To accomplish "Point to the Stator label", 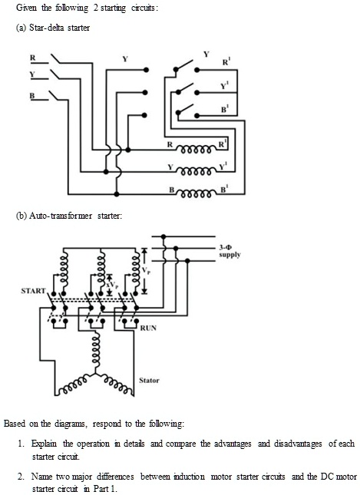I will [150, 380].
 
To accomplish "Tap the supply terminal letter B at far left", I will [31, 95].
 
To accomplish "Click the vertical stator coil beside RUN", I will [97, 346].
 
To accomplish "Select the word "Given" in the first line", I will [15, 8].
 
